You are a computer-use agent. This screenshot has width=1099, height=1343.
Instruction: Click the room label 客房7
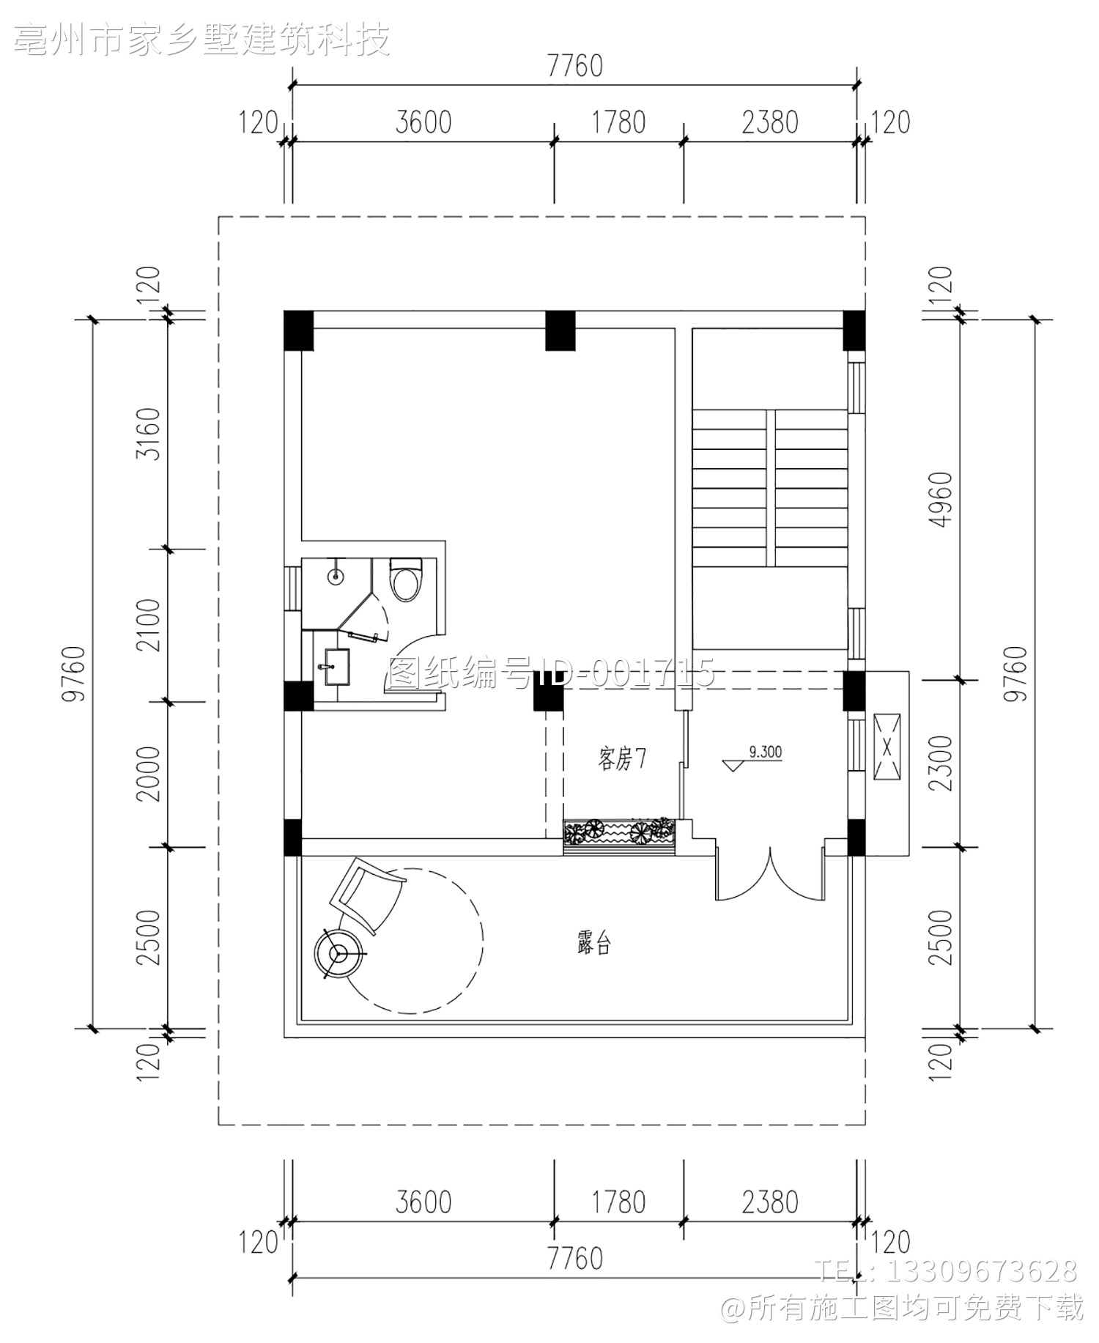point(621,760)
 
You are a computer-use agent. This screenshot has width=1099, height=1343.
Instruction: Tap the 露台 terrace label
point(593,944)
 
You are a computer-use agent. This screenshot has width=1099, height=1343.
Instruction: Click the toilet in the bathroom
point(405,580)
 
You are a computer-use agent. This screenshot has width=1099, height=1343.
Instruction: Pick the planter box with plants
point(619,836)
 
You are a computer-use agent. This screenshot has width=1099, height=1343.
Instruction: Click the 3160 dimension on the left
point(149,433)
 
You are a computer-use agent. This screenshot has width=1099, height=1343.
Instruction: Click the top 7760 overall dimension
point(575,66)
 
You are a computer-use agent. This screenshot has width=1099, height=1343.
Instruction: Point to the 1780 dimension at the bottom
point(619,1202)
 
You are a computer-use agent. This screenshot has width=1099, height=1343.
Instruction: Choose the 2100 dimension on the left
point(149,625)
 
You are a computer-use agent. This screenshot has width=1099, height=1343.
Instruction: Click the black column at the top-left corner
point(299,330)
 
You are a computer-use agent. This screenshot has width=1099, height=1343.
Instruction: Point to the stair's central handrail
point(771,488)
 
